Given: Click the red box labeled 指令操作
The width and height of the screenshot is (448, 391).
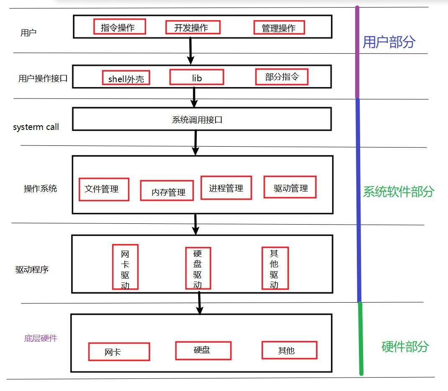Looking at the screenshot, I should pyautogui.click(x=119, y=26).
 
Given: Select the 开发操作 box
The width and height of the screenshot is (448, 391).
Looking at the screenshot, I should pyautogui.click(x=192, y=27).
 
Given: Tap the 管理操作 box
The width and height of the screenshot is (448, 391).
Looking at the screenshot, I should pyautogui.click(x=279, y=28).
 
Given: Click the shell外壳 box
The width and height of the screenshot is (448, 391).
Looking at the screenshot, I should pyautogui.click(x=126, y=78).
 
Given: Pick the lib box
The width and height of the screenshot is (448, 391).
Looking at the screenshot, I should pyautogui.click(x=197, y=77).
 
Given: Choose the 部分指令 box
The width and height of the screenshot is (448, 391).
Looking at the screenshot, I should pyautogui.click(x=282, y=77).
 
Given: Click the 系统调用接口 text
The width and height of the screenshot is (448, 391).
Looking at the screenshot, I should pyautogui.click(x=197, y=120).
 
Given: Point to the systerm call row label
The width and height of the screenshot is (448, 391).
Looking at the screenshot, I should pyautogui.click(x=36, y=127).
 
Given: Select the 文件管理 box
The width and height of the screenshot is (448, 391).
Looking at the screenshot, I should pyautogui.click(x=104, y=189).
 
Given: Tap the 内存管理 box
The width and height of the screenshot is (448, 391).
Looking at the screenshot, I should pyautogui.click(x=167, y=192).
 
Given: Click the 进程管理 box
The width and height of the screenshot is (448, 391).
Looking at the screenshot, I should pyautogui.click(x=226, y=187).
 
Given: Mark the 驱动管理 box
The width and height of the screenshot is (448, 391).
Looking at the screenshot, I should pyautogui.click(x=290, y=187).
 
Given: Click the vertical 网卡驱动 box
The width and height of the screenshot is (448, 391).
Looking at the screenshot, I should pyautogui.click(x=125, y=267).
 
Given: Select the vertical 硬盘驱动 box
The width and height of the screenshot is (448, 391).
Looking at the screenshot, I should pyautogui.click(x=198, y=268).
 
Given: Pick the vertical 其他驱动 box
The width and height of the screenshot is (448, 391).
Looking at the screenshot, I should pyautogui.click(x=274, y=268).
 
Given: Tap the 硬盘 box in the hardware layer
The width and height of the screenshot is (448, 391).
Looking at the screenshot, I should pyautogui.click(x=203, y=350).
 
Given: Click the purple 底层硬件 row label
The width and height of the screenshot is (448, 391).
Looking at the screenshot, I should pyautogui.click(x=41, y=338).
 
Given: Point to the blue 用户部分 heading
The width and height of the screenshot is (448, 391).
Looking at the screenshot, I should pyautogui.click(x=389, y=42).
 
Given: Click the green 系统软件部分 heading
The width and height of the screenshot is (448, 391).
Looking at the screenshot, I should pyautogui.click(x=398, y=192).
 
